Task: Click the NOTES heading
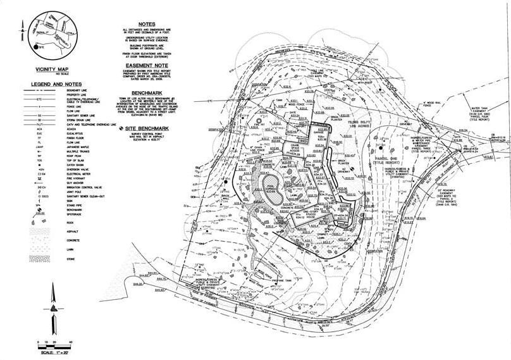pyautogui.click(x=146, y=25)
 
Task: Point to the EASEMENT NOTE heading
pyautogui.click(x=146, y=65)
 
